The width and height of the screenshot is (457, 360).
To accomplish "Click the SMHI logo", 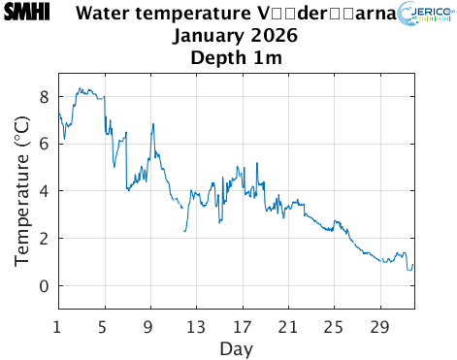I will (x=27, y=14).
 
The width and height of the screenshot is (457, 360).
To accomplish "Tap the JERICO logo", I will (x=425, y=17).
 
